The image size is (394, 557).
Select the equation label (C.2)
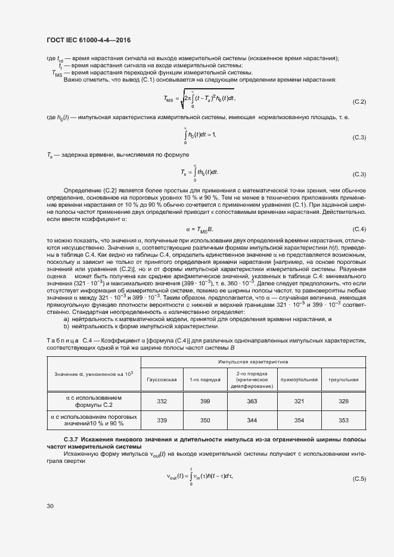click(359, 102)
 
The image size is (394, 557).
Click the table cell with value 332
click(162, 402)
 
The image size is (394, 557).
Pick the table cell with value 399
click(205, 402)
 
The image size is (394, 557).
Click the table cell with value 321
click(299, 402)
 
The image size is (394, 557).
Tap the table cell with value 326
click(343, 402)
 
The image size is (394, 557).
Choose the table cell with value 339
click(162, 420)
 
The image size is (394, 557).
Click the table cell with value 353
click(343, 420)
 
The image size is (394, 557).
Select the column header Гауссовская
click(162, 379)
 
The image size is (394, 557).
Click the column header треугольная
click(343, 379)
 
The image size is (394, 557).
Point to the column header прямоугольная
click(299, 379)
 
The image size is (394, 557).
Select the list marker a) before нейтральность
click(66, 320)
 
